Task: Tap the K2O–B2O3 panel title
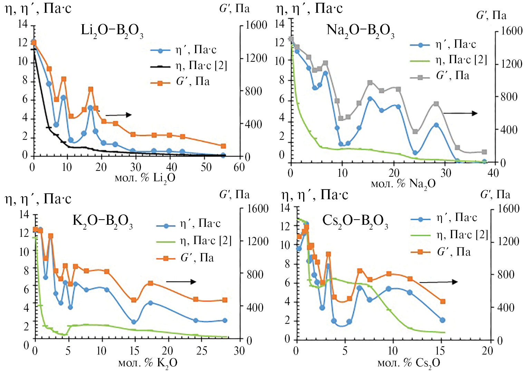click(103, 221)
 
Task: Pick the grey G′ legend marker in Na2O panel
click(420, 78)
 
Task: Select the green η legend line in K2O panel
click(166, 242)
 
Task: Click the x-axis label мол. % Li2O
click(145, 178)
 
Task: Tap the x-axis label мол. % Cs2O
click(409, 363)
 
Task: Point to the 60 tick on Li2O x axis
click(239, 167)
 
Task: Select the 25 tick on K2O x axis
click(202, 351)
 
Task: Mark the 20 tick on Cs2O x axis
click(487, 351)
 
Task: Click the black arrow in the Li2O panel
click(118, 115)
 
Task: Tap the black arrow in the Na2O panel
click(460, 113)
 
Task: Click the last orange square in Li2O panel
click(223, 146)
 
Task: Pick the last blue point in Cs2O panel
click(442, 320)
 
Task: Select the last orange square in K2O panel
click(225, 300)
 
